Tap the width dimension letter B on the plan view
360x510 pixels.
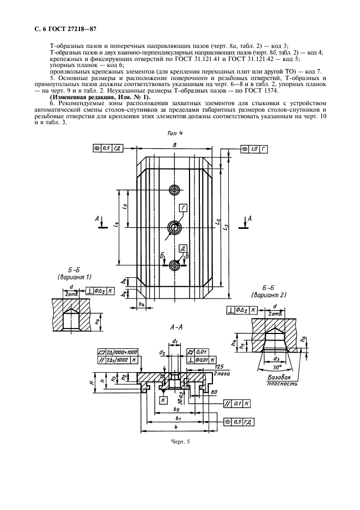click(174, 144)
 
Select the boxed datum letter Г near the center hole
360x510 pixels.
click(184, 208)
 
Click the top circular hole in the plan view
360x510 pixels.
click(174, 190)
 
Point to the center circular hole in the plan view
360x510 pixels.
click(174, 227)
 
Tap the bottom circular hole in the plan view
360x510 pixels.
click(174, 265)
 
